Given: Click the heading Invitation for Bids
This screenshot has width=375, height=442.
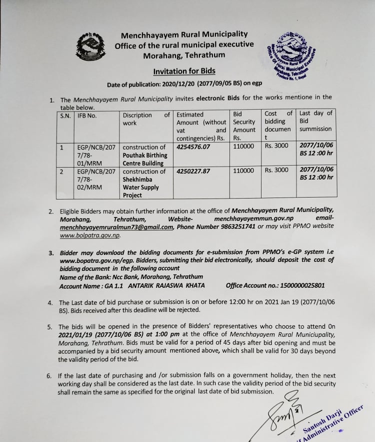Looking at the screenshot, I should pyautogui.click(x=184, y=71).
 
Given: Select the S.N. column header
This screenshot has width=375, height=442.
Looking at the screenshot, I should pyautogui.click(x=65, y=115).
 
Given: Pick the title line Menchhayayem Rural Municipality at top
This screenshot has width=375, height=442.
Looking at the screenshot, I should pyautogui.click(x=184, y=34).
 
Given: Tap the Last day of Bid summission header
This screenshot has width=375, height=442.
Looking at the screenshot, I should pyautogui.click(x=315, y=121).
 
